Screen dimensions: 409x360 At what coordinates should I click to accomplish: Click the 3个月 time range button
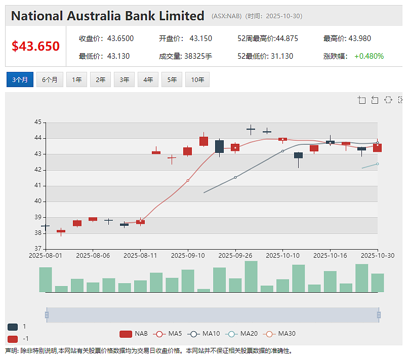20,79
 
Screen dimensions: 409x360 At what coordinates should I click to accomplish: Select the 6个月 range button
50,79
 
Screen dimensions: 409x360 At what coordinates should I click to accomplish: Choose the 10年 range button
197,79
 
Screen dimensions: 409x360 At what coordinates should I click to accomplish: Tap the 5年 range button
172,79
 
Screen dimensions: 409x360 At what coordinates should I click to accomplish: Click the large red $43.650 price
36,46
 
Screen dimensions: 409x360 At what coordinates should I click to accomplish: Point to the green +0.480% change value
369,56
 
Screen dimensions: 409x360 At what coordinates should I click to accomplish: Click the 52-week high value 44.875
287,38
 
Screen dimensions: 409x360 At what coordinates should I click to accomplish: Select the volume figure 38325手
198,56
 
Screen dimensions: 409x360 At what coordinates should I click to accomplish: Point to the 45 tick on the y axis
38,122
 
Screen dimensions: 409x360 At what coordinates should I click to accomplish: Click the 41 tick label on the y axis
38,185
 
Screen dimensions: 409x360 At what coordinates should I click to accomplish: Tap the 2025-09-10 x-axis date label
188,255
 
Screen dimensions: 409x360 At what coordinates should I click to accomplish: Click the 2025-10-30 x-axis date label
378,255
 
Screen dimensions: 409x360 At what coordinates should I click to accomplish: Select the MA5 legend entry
168,334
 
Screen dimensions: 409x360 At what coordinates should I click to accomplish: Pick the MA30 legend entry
279,334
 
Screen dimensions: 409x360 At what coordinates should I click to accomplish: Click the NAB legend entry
134,334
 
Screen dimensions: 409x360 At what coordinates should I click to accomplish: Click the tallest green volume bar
251,276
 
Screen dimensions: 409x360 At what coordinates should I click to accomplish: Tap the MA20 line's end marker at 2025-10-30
378,164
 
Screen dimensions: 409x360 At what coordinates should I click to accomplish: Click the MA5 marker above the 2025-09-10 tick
188,181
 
